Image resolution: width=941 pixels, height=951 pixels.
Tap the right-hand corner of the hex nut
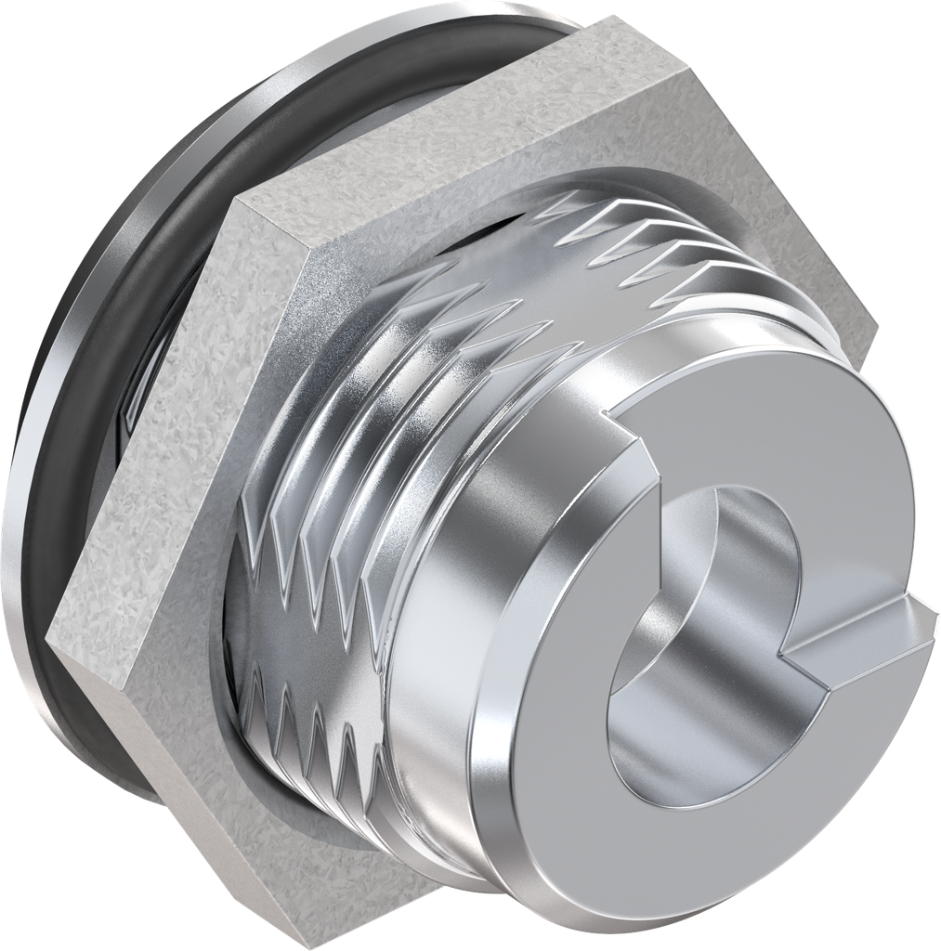coord(873,325)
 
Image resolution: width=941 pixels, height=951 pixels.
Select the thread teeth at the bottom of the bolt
coord(307,724)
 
